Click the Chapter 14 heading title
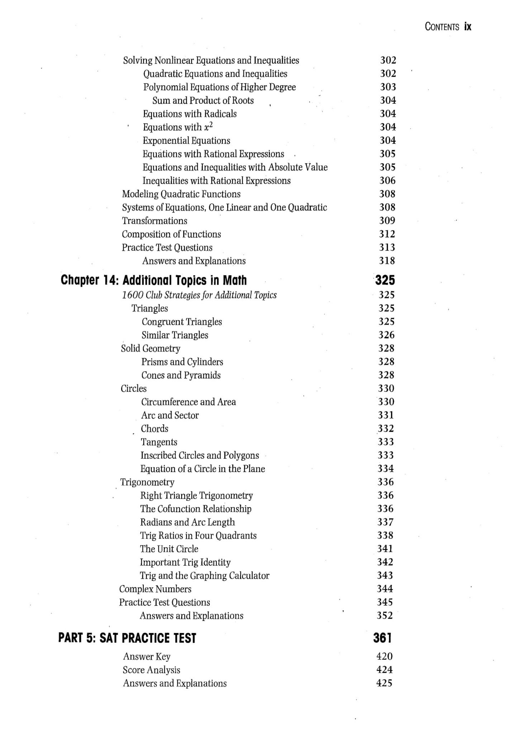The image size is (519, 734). tap(154, 280)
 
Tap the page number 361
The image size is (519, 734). tap(382, 638)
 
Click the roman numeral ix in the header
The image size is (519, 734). tap(467, 27)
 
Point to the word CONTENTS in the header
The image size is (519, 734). tap(442, 27)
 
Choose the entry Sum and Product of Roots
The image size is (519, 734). tap(203, 100)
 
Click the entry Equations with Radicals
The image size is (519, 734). tap(190, 114)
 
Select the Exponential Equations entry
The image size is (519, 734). tap(186, 140)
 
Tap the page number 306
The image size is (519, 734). tap(387, 180)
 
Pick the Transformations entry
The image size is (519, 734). tap(154, 221)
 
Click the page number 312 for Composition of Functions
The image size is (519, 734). tap(387, 234)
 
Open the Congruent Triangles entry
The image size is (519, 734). tap(182, 322)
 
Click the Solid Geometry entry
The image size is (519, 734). tap(151, 348)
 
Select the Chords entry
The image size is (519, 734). tap(154, 429)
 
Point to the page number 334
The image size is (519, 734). tap(386, 468)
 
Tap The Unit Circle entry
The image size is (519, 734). tap(169, 549)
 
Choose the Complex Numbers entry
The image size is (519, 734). tap(155, 589)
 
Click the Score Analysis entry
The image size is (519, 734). tap(151, 670)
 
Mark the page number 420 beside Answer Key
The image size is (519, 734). tap(384, 656)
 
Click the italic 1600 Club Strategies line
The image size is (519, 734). tap(199, 295)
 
